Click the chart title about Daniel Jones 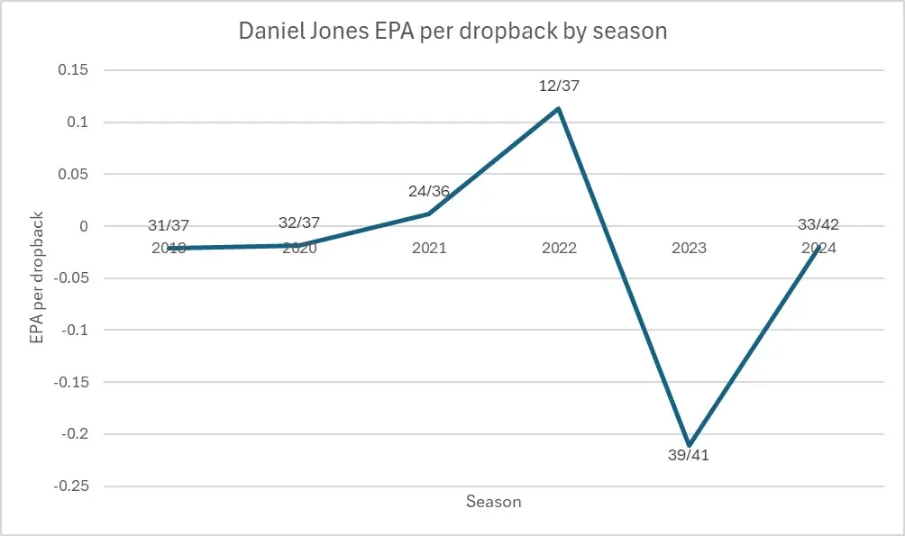click(452, 31)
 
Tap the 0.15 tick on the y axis click(77, 70)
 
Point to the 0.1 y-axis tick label click(81, 123)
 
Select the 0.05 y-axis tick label click(77, 174)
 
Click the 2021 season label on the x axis click(429, 249)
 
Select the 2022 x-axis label click(559, 249)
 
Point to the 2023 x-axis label click(689, 249)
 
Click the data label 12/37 click(560, 86)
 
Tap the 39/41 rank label click(690, 456)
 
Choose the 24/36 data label click(429, 191)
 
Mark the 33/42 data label click(818, 225)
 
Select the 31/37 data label click(169, 225)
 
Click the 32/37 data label click(299, 223)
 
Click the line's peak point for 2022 click(559, 109)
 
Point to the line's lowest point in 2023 click(689, 445)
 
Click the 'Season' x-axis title click(493, 502)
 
